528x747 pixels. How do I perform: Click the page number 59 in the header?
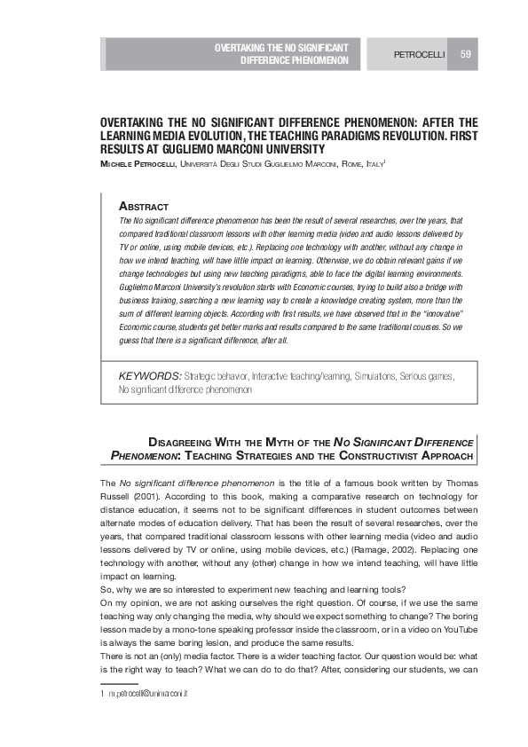(x=465, y=55)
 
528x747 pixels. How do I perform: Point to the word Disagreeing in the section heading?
(x=182, y=439)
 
